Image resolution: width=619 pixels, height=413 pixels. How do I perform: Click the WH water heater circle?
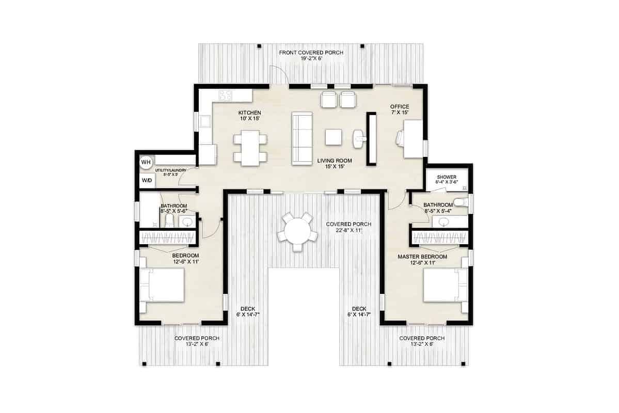[146, 162]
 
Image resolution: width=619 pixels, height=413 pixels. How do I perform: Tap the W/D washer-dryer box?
[147, 181]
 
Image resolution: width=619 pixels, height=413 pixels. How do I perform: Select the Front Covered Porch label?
[311, 53]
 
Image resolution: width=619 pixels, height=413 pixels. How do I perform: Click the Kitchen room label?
[249, 113]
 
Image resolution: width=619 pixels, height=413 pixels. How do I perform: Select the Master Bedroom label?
[422, 257]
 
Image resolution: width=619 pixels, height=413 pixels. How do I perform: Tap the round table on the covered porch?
[297, 230]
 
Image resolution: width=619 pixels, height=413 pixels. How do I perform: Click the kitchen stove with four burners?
[226, 95]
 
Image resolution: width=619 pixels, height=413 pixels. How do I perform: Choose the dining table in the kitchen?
[250, 148]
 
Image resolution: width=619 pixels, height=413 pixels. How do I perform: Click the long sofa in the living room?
[303, 138]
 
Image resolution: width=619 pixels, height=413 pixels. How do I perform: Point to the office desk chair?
[401, 138]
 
